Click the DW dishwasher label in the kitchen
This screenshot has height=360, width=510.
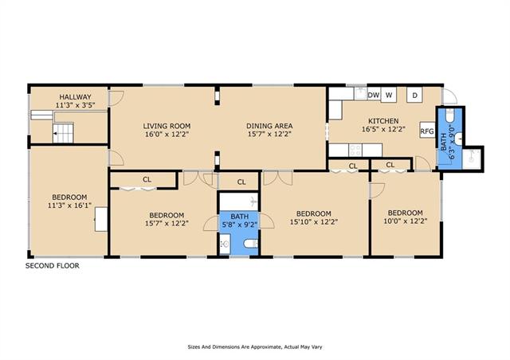374,95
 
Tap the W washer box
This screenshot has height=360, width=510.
388,95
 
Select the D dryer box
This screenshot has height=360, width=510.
414,95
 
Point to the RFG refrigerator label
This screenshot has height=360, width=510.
427,131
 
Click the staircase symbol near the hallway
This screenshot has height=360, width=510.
64,133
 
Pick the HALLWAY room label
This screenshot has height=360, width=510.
75,96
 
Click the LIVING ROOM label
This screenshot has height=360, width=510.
167,126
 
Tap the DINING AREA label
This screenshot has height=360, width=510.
269,126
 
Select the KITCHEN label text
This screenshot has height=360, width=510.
383,121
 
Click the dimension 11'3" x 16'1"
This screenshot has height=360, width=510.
69,205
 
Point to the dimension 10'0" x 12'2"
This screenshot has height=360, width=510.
406,221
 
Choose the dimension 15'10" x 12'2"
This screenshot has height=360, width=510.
314,221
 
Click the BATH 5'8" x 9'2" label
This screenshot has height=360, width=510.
240,221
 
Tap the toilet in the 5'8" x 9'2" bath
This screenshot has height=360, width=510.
251,243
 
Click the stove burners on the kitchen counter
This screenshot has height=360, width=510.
355,151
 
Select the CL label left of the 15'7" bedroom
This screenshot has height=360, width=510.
147,179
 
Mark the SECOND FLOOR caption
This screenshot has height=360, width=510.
53,266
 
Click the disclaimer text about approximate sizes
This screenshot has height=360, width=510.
255,347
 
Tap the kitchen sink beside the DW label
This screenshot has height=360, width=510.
360,93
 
